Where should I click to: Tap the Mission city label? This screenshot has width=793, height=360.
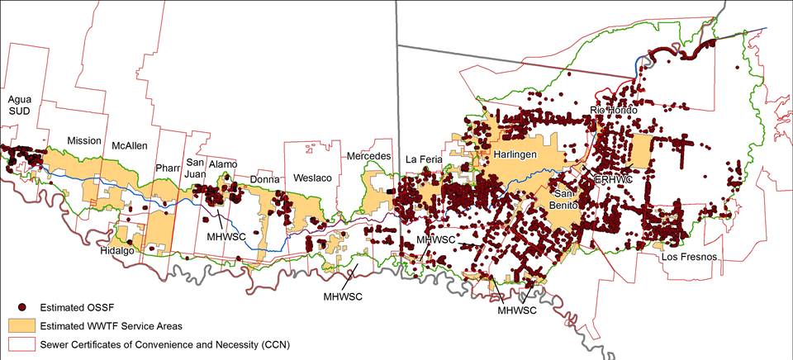(x=83, y=140)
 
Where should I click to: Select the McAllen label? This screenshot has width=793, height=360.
(x=130, y=146)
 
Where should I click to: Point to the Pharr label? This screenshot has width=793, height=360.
(x=169, y=168)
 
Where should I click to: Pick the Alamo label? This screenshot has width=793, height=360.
(x=223, y=164)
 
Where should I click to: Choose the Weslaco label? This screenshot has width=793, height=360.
(x=310, y=178)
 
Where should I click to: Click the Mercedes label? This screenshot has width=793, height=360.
(x=368, y=156)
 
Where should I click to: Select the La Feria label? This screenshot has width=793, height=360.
(x=425, y=159)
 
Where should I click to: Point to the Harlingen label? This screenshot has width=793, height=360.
(x=517, y=154)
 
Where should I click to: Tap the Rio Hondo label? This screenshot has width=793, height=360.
(x=616, y=110)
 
